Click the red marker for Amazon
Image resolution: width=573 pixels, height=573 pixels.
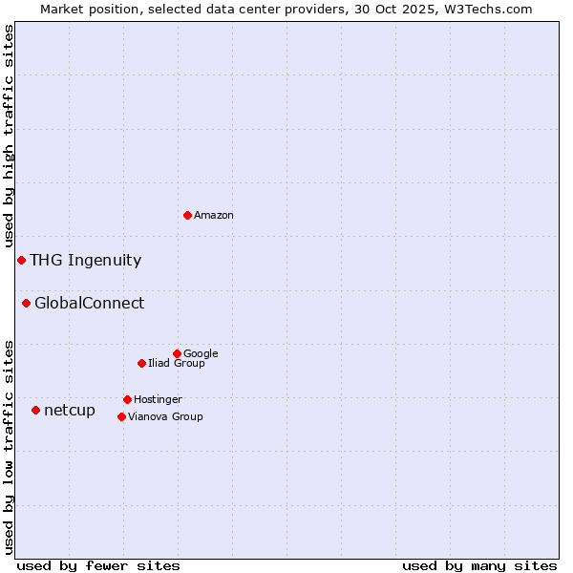187,215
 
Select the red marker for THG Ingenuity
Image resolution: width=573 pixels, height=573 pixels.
21,260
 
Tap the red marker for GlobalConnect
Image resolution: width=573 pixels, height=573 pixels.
26,303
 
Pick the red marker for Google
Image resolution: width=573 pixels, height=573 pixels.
177,353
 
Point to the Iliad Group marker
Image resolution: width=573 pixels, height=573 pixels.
141,363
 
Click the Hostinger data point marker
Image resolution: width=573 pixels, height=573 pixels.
127,399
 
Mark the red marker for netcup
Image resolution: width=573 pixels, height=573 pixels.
35,410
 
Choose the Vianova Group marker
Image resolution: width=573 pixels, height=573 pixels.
121,416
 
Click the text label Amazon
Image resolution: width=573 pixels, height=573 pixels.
214,216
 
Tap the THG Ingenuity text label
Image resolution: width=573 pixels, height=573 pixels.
85,261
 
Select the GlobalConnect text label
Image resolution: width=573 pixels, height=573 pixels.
89,304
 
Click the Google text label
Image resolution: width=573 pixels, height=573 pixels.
201,353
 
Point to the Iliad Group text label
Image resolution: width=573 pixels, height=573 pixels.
177,364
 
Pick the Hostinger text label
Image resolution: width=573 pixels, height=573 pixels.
158,400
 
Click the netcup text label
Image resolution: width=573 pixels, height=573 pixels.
69,411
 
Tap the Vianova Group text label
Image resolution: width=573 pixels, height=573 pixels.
165,417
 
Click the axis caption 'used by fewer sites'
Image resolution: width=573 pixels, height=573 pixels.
98,566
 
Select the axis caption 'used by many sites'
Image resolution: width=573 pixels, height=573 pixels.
479,566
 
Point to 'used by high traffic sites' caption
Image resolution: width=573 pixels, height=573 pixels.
9,136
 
